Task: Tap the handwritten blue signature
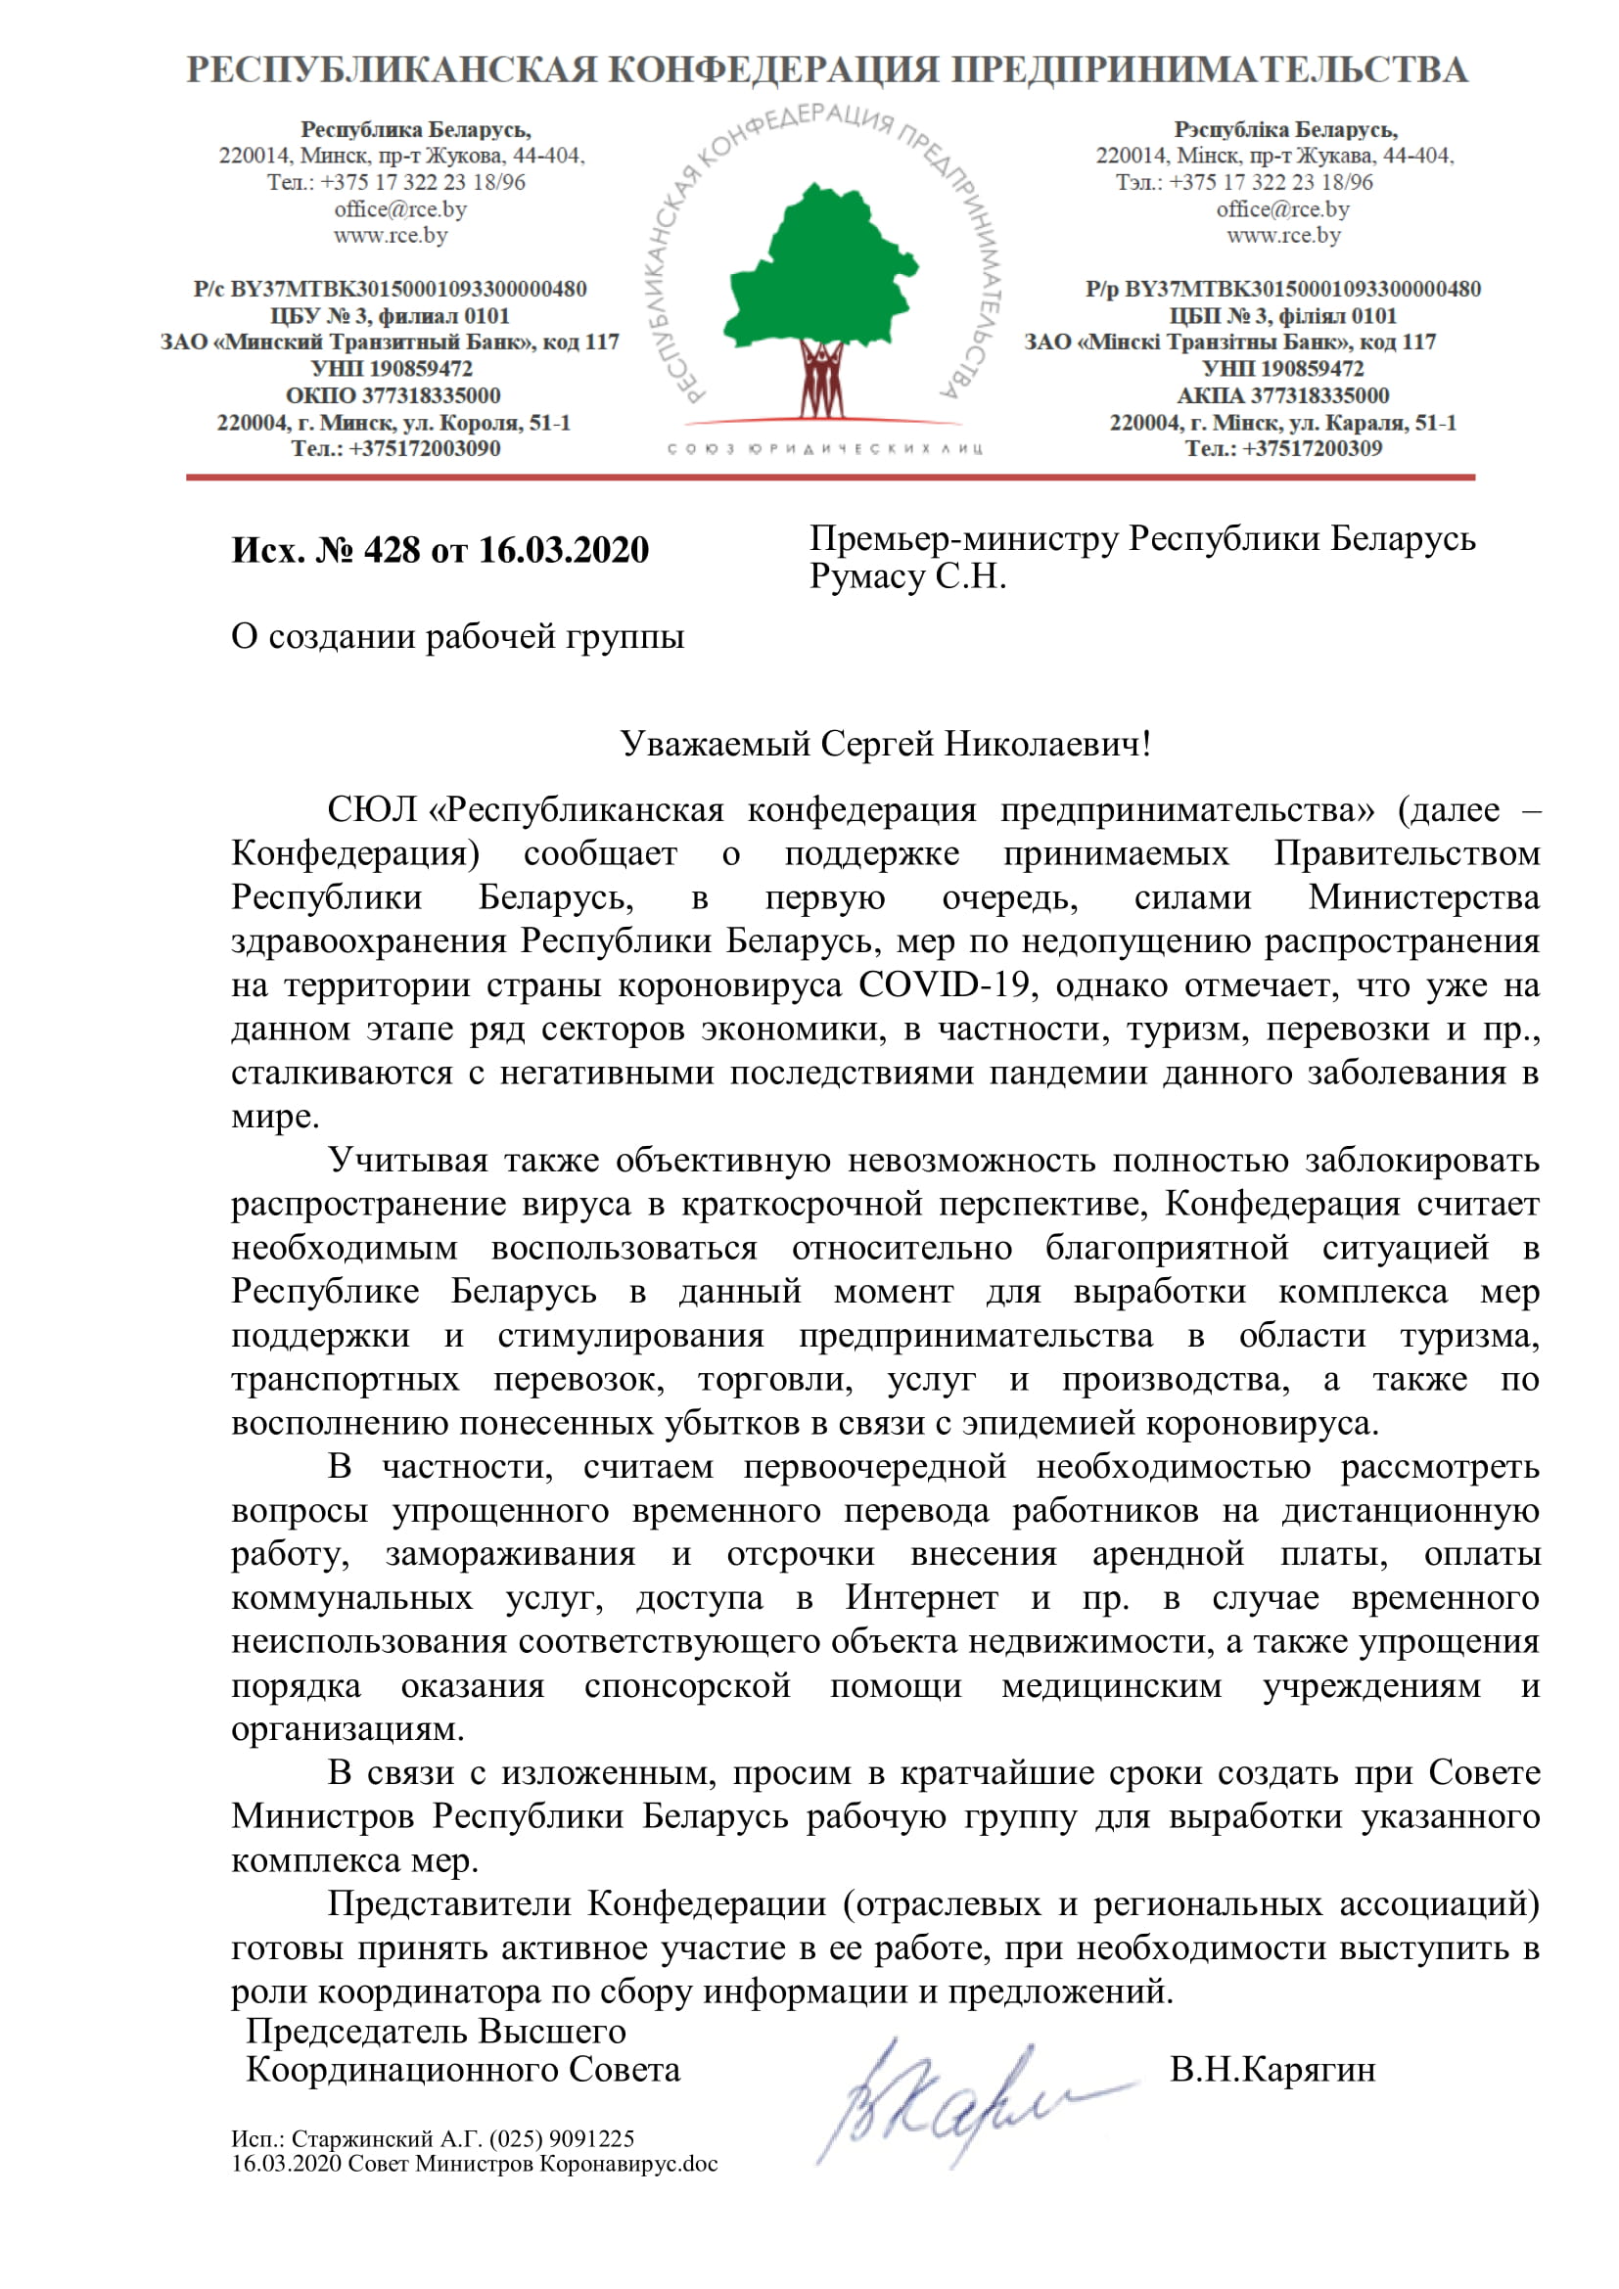coord(957,2104)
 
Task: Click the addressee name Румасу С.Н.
coord(907,577)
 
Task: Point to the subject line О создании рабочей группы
coord(457,636)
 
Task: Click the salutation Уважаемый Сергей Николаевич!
coord(885,744)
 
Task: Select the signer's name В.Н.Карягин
coord(1272,2070)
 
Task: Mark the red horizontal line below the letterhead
coord(829,478)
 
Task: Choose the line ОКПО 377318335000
coord(393,395)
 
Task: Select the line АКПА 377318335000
coord(1282,395)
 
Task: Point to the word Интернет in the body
coord(921,1598)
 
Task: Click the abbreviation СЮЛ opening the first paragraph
coord(372,809)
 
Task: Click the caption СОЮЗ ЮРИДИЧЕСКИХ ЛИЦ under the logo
coord(824,448)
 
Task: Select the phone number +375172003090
coord(425,448)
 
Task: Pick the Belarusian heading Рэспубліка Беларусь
coord(1285,129)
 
